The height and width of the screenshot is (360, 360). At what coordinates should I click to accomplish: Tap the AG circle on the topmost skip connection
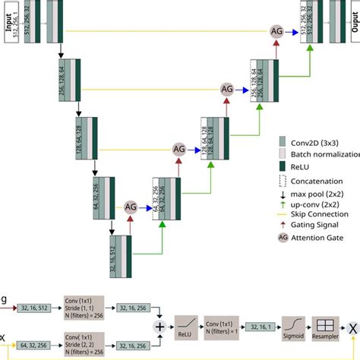(x=278, y=31)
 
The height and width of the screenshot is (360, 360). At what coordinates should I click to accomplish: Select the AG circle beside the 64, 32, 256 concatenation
(x=130, y=207)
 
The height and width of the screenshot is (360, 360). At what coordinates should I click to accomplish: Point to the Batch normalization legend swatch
(x=283, y=153)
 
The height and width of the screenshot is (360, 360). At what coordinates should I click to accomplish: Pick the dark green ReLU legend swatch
(x=283, y=166)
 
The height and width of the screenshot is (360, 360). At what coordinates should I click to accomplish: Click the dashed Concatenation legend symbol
(x=283, y=181)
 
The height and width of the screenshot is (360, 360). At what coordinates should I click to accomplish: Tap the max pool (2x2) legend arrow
(x=283, y=194)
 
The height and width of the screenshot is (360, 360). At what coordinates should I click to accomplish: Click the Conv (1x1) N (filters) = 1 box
(x=225, y=326)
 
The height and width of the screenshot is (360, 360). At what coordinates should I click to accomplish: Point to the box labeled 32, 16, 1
(x=261, y=326)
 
